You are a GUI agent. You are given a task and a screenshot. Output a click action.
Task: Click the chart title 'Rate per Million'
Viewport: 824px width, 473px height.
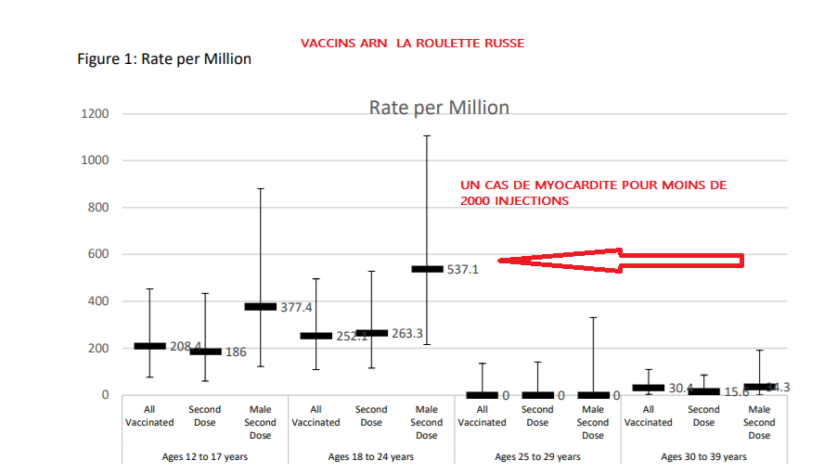pos(439,108)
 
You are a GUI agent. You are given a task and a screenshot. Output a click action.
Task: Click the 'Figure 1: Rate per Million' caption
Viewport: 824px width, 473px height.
pos(164,59)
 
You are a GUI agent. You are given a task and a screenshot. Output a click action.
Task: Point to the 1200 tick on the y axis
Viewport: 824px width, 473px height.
pos(96,114)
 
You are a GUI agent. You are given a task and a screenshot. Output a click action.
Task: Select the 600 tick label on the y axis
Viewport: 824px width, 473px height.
pos(99,254)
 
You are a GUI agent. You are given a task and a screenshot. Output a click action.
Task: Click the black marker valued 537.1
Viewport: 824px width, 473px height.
pos(427,269)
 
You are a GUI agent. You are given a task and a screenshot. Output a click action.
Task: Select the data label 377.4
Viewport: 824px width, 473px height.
pos(296,307)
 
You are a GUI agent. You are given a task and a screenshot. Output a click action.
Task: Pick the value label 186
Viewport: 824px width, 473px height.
pos(236,352)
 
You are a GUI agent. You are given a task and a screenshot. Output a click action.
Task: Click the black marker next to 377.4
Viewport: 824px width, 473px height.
pos(260,306)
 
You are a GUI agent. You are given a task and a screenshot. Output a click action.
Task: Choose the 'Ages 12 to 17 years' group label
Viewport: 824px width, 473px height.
pos(204,456)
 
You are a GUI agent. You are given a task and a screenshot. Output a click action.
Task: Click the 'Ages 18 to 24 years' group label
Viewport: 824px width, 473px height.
pos(370,456)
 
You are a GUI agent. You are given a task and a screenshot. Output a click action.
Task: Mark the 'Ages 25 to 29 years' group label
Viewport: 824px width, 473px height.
pos(537,456)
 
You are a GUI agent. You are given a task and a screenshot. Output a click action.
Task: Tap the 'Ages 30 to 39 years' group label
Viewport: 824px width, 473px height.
pos(703,456)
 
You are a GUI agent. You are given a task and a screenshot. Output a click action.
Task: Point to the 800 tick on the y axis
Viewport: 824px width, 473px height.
pos(99,208)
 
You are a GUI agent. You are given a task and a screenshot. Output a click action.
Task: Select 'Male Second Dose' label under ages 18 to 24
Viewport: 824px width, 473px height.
pos(427,422)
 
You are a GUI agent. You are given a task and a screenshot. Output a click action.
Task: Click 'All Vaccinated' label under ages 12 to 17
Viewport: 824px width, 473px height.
pos(149,415)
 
